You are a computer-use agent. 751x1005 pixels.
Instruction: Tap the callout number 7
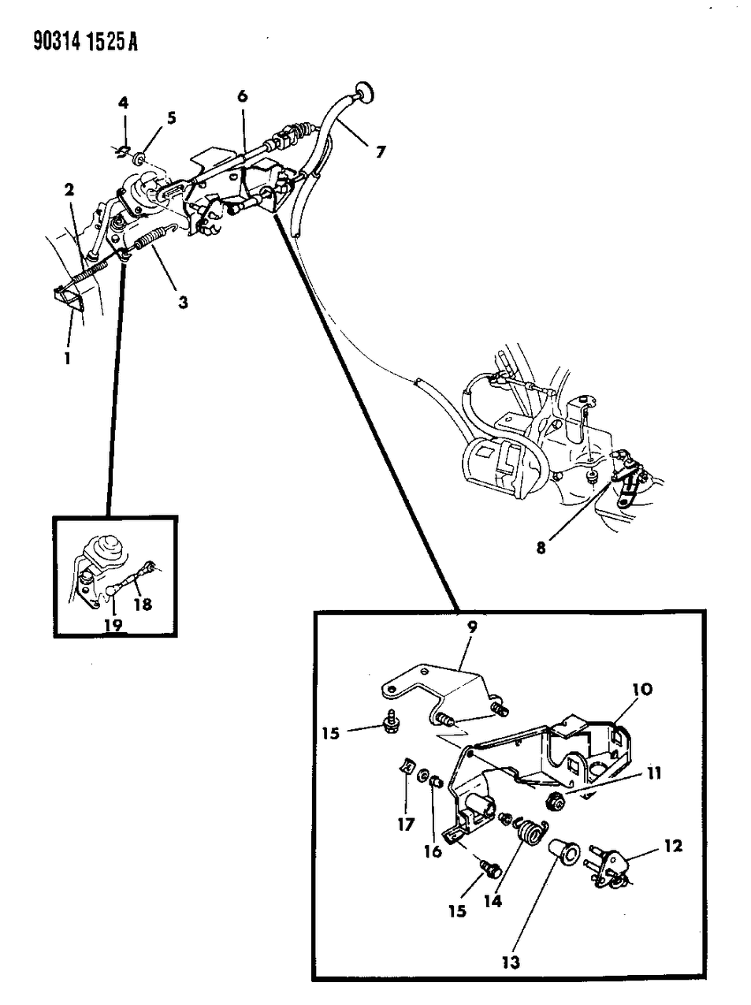point(380,152)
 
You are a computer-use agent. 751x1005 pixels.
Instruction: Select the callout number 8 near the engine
point(541,546)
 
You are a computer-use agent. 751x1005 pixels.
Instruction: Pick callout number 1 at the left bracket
point(68,358)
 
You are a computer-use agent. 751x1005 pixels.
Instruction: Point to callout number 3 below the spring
point(182,301)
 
